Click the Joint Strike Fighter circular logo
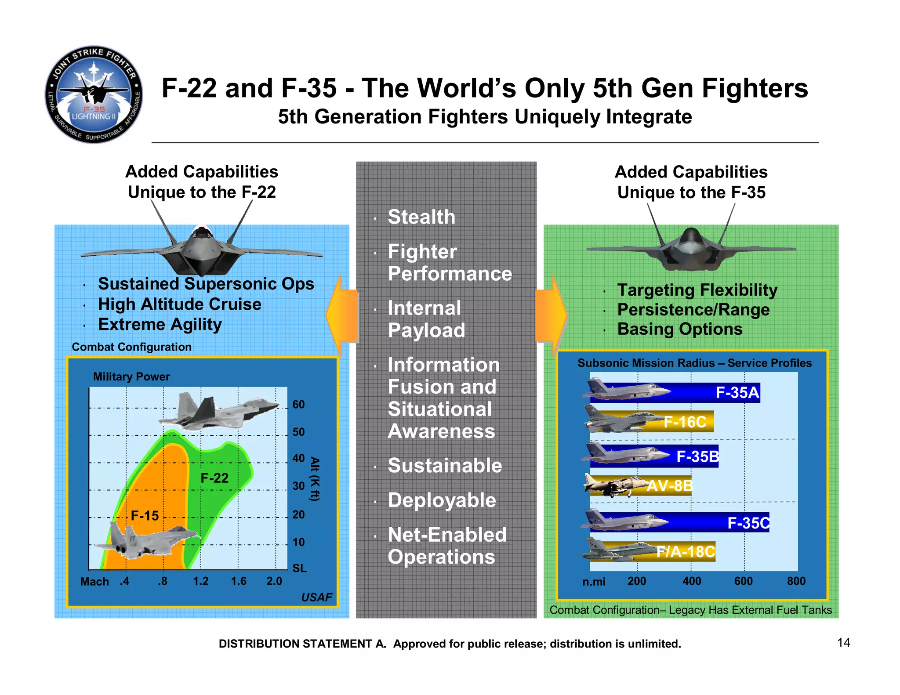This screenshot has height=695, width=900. coord(94,94)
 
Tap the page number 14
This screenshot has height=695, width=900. coord(843,643)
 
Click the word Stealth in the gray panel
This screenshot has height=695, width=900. coord(421,217)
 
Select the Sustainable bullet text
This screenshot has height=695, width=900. coord(444,466)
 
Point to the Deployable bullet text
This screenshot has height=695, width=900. coord(442,500)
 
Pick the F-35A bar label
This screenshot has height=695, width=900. coord(737,392)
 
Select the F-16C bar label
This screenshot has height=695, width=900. coord(685,422)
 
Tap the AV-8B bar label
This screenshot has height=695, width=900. coord(669,486)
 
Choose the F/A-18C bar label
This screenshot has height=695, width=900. coord(686,551)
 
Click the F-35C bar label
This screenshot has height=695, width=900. coord(748,523)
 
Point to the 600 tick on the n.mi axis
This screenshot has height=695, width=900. coord(743,581)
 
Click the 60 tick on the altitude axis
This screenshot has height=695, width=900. coord(298,405)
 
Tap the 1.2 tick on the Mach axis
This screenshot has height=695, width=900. coord(201,581)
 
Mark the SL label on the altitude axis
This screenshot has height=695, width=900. coord(299,568)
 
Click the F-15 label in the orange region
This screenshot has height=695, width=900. coord(145,515)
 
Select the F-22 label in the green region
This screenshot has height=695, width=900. coord(214,478)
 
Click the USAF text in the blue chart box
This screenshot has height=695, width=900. coord(316,597)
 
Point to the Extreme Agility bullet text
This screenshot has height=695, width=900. coord(160,325)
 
